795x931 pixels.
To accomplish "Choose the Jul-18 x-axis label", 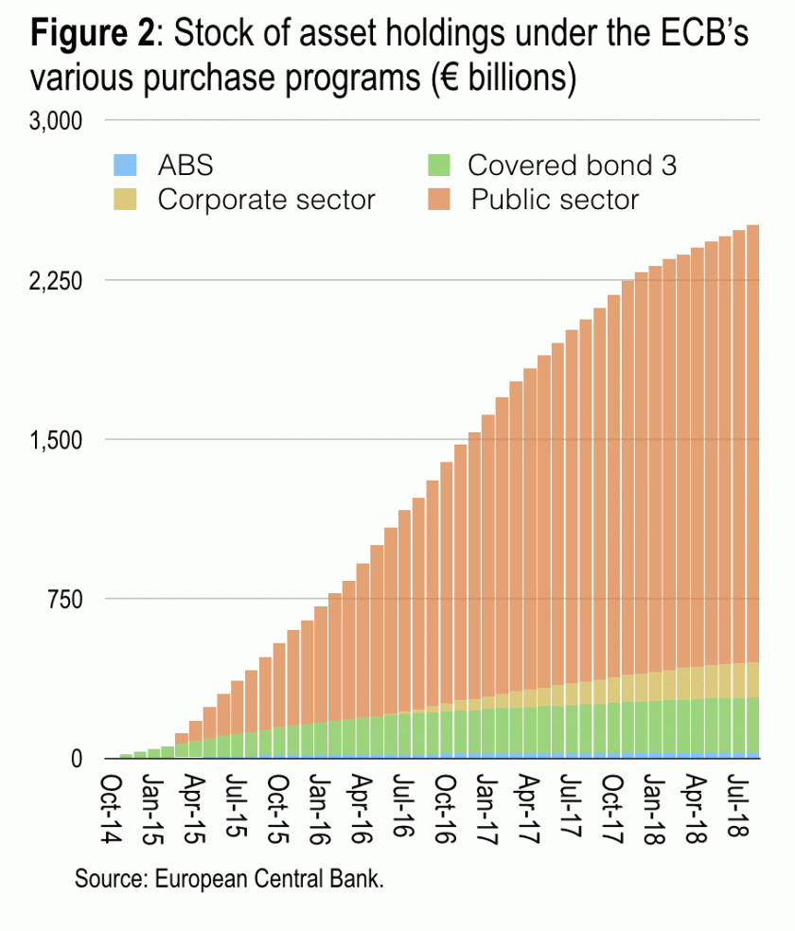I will click(x=738, y=799).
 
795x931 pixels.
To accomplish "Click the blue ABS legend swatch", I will click(x=125, y=166).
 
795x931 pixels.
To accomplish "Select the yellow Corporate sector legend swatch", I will click(x=125, y=200).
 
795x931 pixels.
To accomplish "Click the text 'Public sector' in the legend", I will click(x=556, y=200).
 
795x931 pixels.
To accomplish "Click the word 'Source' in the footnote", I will click(x=107, y=879).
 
